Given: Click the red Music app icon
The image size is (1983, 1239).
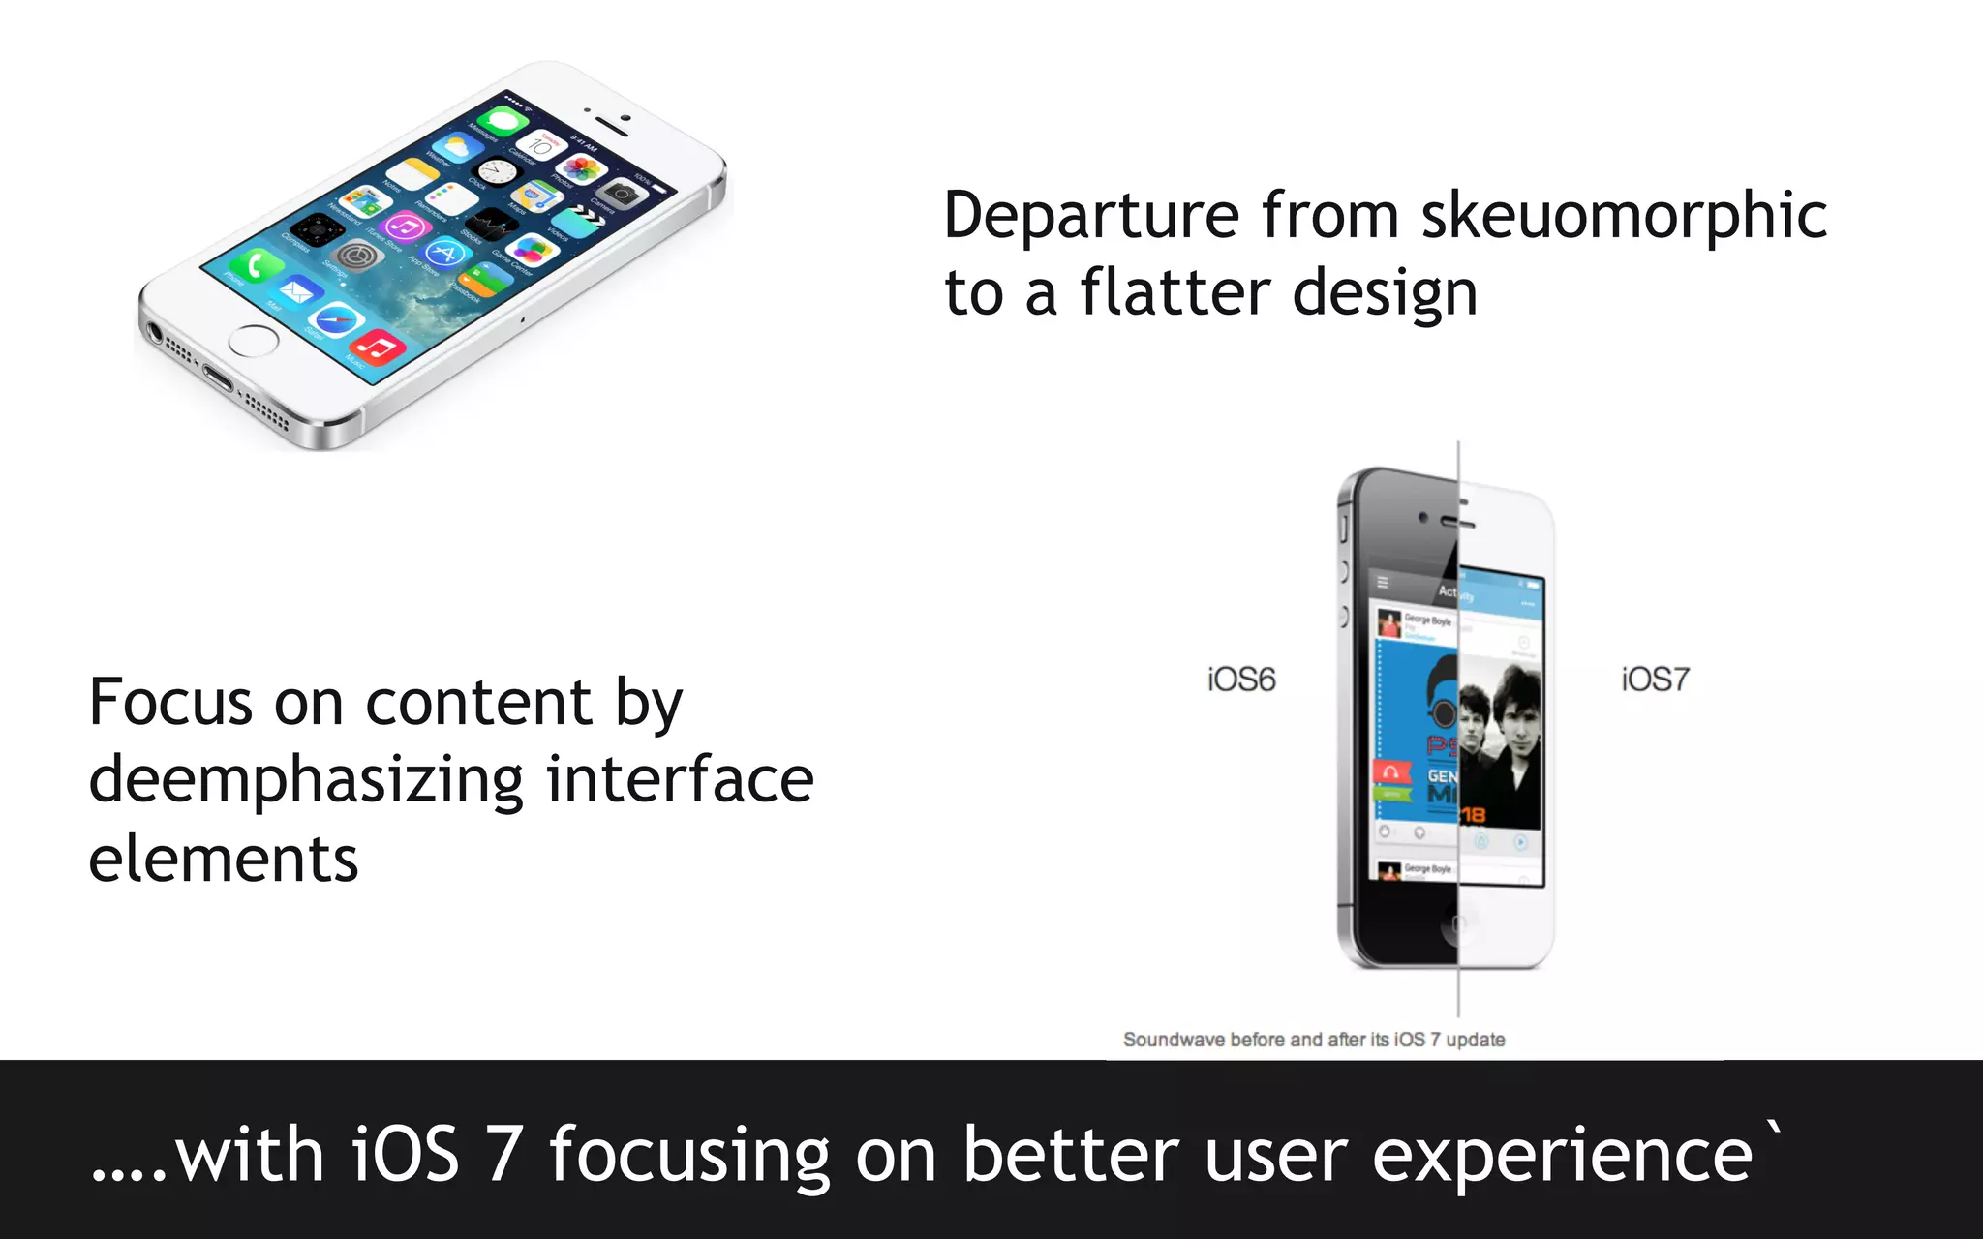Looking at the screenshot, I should click(x=379, y=347).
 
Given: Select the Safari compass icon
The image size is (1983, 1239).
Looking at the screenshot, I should click(x=337, y=320).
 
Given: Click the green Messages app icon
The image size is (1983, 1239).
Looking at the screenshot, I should click(x=503, y=121).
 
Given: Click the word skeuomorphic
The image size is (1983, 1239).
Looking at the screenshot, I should click(x=1624, y=215).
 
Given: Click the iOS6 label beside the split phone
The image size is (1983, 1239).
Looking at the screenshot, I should click(x=1241, y=680).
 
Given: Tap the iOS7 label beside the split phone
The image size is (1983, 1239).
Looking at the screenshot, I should click(x=1655, y=680).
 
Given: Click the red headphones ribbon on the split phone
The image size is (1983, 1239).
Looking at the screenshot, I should click(x=1390, y=772).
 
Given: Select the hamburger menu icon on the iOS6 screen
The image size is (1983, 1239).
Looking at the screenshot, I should click(x=1383, y=582).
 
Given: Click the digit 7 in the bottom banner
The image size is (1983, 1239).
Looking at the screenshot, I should click(x=504, y=1155).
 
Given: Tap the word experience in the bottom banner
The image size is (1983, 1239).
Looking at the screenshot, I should click(x=1562, y=1155).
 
